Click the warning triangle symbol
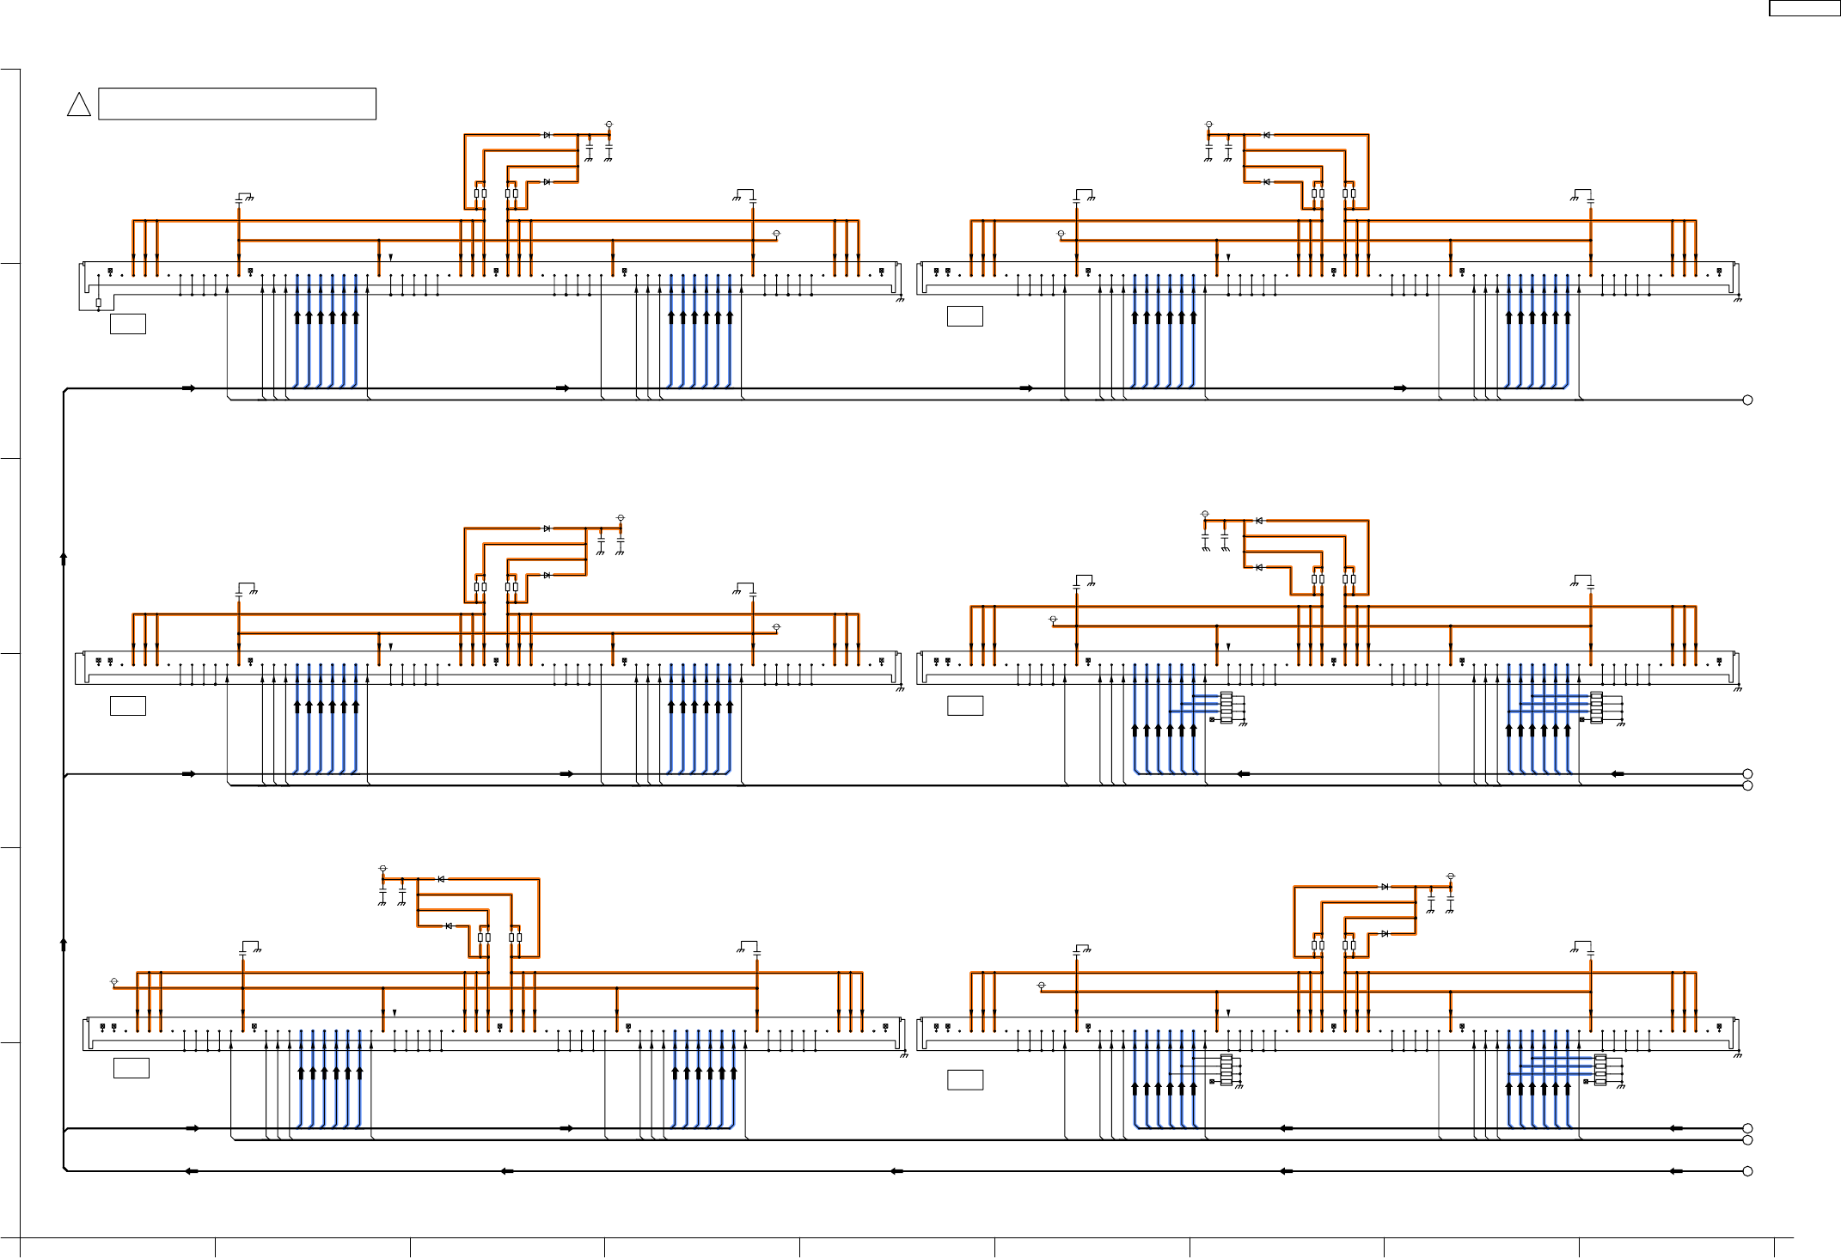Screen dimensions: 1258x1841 coord(79,106)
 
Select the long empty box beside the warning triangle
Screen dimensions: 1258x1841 coord(237,103)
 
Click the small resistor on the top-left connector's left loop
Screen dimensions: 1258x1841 coord(99,302)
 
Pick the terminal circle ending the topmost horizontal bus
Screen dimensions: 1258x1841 coord(1747,400)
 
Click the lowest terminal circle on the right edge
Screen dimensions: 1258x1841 coord(1747,1171)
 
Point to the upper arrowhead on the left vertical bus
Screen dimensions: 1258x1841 coord(64,558)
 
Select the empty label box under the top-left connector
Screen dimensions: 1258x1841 coord(128,323)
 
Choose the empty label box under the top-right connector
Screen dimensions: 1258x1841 coord(965,315)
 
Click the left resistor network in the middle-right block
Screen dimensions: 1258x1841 coord(1226,707)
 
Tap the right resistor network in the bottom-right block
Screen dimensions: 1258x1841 coord(1600,1069)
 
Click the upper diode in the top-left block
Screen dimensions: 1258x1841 coord(547,135)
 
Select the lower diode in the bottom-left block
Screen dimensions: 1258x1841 coord(449,925)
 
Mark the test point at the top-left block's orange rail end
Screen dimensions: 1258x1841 coord(776,234)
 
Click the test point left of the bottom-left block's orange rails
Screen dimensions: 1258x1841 coord(114,981)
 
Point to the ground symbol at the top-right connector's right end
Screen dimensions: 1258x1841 coord(1737,299)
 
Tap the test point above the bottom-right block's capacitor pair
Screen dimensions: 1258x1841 coord(1451,876)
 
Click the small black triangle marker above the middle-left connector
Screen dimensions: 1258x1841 coord(391,646)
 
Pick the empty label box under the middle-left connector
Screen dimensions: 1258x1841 coord(128,705)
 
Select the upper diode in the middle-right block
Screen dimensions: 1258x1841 coord(1259,521)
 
